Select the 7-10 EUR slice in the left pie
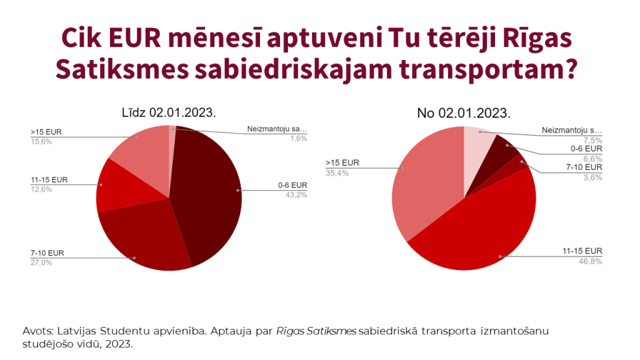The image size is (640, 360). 147,241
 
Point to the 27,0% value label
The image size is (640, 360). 41,262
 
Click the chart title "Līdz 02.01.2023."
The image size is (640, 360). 169,113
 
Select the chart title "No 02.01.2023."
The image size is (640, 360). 464,113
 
